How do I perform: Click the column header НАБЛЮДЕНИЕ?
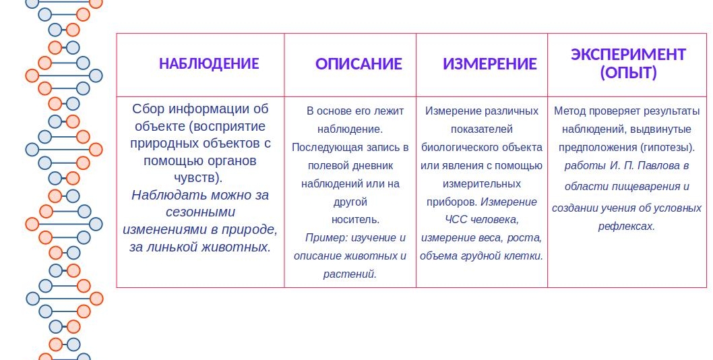[209, 64]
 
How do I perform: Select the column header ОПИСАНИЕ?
[359, 64]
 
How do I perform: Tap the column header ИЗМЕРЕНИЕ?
[490, 64]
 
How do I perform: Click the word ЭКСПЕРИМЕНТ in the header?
[628, 55]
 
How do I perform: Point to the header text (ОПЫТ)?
[628, 73]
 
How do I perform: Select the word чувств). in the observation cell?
[198, 177]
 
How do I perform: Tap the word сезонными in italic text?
[201, 212]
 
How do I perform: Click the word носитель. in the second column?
[355, 219]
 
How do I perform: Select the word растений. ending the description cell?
[350, 274]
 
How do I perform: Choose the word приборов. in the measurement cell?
[452, 202]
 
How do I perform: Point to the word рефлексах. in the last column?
[626, 227]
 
